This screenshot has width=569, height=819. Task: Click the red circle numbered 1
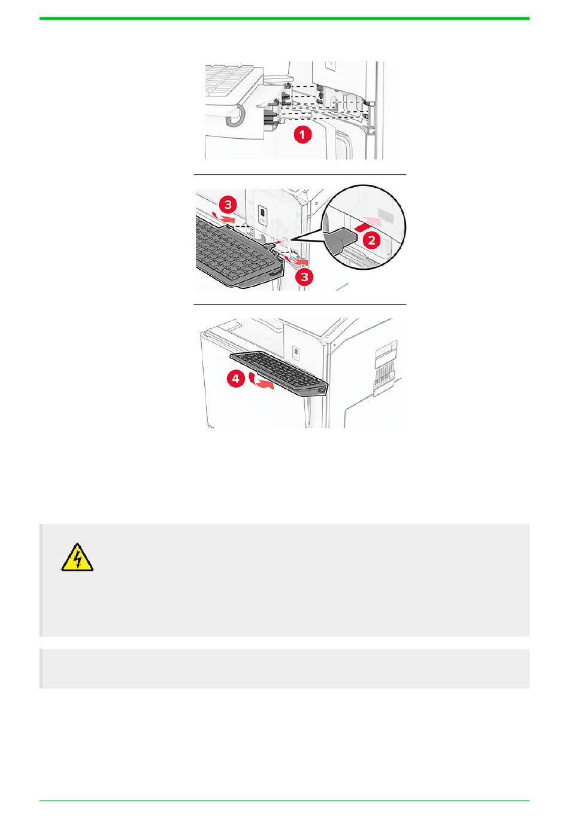click(302, 134)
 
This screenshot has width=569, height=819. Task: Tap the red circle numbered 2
click(371, 240)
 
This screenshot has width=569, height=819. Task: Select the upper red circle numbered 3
click(228, 204)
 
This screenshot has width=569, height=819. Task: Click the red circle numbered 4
click(235, 378)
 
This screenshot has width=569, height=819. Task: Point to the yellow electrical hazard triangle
click(77, 558)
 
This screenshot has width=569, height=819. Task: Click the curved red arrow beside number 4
click(261, 380)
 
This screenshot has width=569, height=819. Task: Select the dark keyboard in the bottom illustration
click(279, 373)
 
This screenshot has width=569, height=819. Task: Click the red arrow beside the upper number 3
click(225, 218)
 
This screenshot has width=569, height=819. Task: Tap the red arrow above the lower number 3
click(296, 260)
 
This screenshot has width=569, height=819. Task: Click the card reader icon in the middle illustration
click(262, 214)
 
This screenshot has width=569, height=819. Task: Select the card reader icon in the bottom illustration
click(296, 352)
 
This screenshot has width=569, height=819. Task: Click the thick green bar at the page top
click(284, 19)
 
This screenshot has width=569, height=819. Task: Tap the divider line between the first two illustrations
click(299, 175)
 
